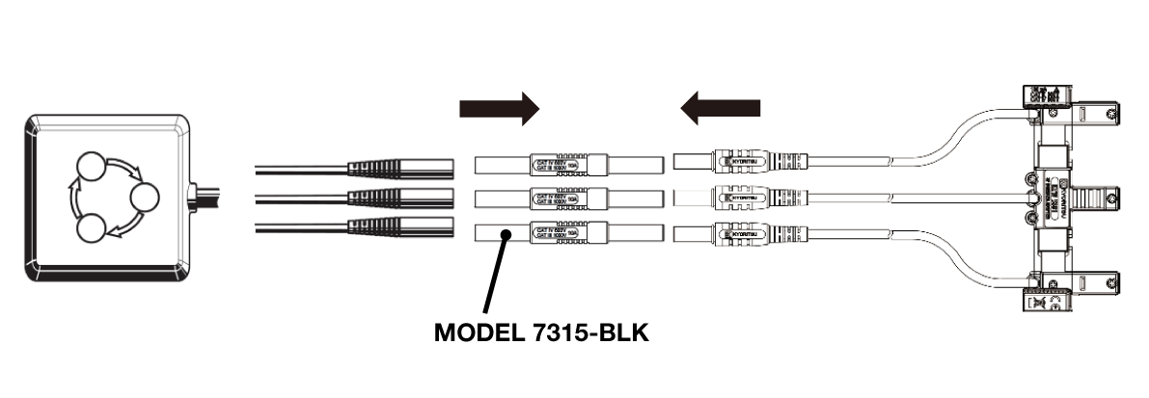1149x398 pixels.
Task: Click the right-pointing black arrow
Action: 498,108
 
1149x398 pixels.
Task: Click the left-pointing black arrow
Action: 720,108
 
